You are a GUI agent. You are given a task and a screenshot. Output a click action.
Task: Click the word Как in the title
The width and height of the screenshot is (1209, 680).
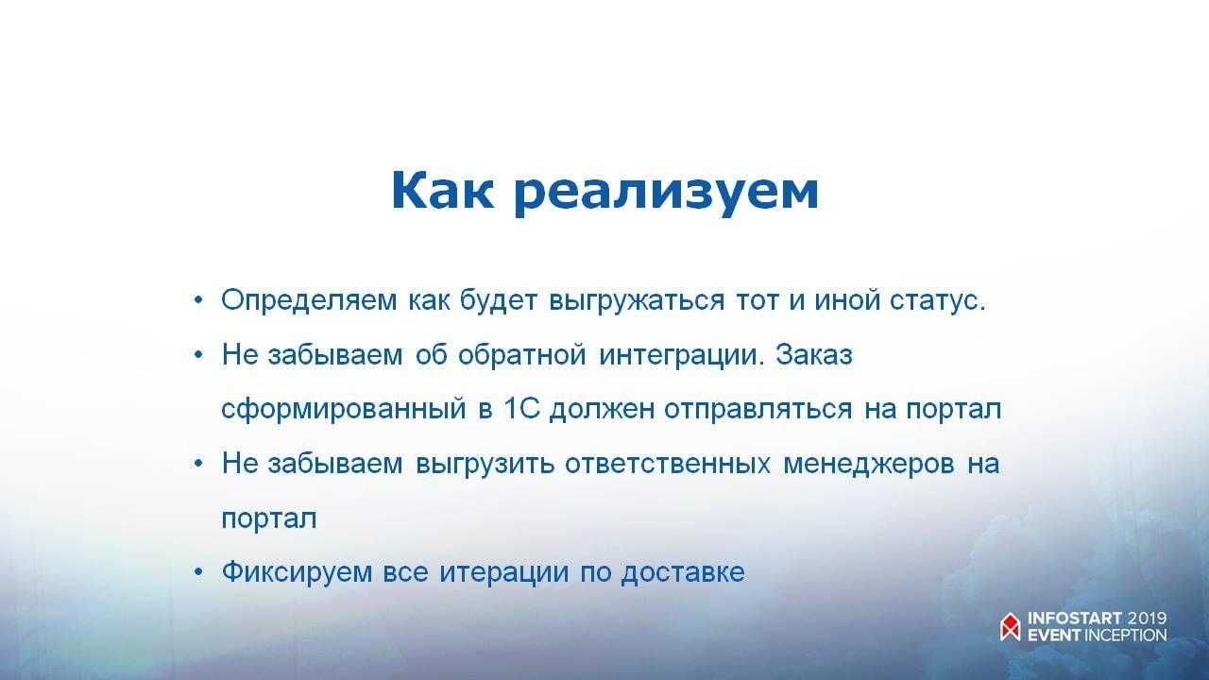[x=443, y=190]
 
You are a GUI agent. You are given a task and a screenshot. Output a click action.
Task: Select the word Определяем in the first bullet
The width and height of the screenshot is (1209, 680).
[x=309, y=300]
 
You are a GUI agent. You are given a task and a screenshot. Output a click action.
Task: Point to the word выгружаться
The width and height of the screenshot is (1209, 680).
[x=637, y=300]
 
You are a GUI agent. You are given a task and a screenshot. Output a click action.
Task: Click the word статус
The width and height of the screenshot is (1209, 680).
[x=938, y=300]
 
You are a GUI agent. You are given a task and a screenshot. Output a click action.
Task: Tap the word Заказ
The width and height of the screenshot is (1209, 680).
[x=814, y=354]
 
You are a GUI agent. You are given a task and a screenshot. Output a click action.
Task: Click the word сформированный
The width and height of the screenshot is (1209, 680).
[x=344, y=409]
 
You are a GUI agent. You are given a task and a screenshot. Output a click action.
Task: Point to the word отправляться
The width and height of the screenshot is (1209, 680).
[x=758, y=410]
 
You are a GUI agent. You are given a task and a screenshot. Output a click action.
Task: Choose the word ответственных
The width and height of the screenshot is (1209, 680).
[x=668, y=464]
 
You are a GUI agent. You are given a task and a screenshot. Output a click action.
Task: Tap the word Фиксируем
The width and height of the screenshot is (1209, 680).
[x=297, y=572]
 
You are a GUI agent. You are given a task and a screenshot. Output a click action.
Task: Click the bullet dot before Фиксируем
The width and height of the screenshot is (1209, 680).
[x=198, y=572]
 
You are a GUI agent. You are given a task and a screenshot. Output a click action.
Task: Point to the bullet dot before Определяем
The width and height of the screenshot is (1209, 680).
[x=198, y=299]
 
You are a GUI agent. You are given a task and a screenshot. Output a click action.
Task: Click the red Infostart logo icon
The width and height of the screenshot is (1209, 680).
[x=1011, y=626]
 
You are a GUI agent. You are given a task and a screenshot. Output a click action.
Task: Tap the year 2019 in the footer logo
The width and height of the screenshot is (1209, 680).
[x=1147, y=619]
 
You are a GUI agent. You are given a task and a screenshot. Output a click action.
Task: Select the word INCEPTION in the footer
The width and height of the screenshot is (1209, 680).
[x=1125, y=635]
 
